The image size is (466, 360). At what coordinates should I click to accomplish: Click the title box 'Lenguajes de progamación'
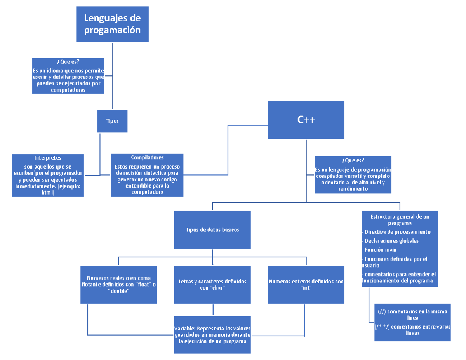pos(112,24)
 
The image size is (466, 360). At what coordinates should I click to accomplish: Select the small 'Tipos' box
pos(112,121)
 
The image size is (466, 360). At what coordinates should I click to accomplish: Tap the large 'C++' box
pos(306,120)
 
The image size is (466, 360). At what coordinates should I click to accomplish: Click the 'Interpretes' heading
pos(47,158)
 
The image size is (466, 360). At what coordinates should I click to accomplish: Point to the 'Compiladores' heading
pos(147,157)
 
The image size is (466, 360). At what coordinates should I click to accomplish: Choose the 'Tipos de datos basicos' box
pos(212,230)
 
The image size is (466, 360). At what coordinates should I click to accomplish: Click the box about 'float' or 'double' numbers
pos(119,284)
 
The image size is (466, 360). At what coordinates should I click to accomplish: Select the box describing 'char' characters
pos(212,284)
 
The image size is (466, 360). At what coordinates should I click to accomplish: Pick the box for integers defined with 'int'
pos(306,284)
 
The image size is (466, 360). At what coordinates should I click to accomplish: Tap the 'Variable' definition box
pos(212,335)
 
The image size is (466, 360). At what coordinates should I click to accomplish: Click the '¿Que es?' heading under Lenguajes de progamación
pos(68,61)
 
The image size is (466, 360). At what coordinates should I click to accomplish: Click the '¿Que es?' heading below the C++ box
pos(353,160)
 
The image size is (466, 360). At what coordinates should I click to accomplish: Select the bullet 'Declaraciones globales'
pos(391,241)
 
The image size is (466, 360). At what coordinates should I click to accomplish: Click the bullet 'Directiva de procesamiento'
pos(397,232)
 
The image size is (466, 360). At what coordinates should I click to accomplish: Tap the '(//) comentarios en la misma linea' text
pos(412,314)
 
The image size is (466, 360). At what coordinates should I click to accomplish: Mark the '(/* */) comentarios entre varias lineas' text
pos(412,330)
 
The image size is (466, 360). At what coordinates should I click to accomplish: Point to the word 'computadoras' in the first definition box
pos(68,90)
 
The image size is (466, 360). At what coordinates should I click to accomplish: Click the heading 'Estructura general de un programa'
pos(400,220)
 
